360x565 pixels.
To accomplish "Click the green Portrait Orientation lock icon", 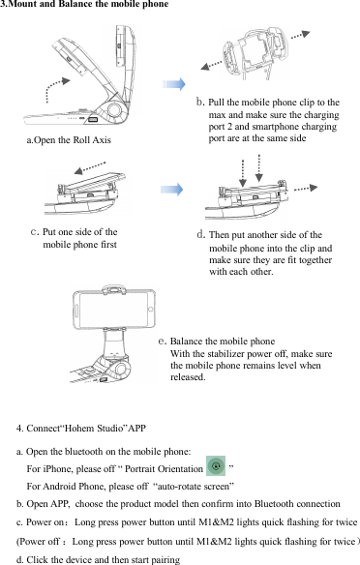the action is (216, 466).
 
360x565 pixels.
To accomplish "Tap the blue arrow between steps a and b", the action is (173, 84).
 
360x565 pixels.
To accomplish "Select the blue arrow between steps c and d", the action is (172, 190).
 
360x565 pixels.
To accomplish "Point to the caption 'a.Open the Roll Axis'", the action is (69, 140).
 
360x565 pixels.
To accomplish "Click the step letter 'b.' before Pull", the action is (200, 102).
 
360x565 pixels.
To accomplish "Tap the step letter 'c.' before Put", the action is (35, 231).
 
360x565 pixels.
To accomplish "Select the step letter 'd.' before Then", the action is (201, 235).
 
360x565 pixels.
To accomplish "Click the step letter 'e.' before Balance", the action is (163, 341).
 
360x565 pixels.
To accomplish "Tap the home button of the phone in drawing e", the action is (151, 310).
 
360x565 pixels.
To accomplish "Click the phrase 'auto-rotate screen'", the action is (194, 487).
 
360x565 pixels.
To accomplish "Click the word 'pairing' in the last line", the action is (165, 560).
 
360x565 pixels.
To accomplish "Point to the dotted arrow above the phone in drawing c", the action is (90, 167).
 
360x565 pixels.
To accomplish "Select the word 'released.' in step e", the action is (188, 377).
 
